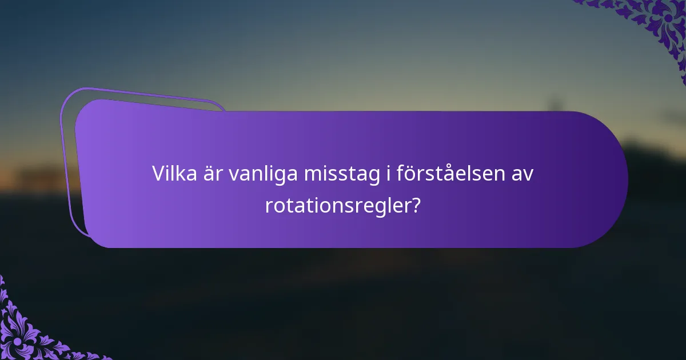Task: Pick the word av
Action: (521, 175)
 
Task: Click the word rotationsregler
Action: (337, 205)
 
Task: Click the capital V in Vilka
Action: (158, 174)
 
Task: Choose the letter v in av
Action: (528, 175)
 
